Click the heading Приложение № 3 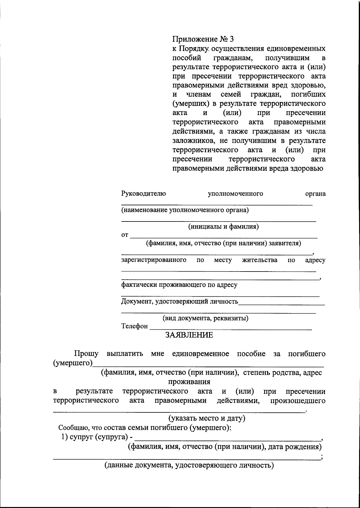tap(202, 39)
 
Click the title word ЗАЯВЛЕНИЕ tap(189, 335)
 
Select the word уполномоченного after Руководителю tap(235, 194)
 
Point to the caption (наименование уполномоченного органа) tap(185, 210)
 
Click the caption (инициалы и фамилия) tap(223, 227)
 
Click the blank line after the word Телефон tap(230, 328)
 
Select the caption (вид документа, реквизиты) tap(205, 318)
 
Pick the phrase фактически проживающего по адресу tap(179, 285)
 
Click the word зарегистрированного tap(154, 260)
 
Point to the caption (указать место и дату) tap(206, 418)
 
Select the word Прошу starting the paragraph tap(86, 354)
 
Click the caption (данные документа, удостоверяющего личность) tap(189, 465)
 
